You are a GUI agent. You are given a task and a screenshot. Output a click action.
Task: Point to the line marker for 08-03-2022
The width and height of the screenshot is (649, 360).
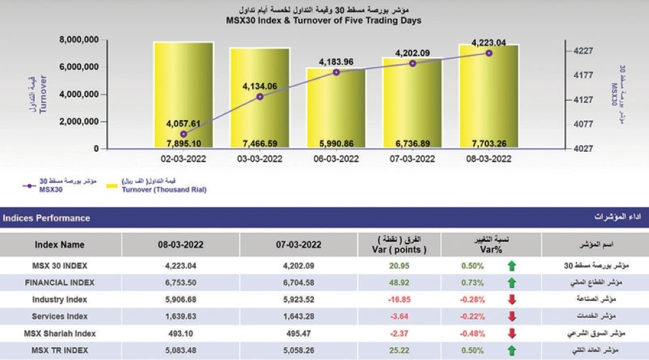pyautogui.click(x=489, y=53)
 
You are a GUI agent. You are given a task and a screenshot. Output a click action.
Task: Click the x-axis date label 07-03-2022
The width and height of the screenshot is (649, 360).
pyautogui.click(x=412, y=159)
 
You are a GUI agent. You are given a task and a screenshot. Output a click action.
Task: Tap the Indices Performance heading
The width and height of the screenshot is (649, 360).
pyautogui.click(x=47, y=219)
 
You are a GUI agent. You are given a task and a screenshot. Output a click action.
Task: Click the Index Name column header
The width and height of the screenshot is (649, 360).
pyautogui.click(x=60, y=245)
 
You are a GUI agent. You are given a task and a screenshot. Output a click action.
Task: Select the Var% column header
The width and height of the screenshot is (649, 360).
pyautogui.click(x=491, y=245)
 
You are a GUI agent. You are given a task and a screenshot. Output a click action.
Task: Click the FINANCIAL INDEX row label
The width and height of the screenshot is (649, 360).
pyautogui.click(x=60, y=283)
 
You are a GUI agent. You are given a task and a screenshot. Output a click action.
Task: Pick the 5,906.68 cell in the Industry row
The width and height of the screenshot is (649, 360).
pyautogui.click(x=181, y=300)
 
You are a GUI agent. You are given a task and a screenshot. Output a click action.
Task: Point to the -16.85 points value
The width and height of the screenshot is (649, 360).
pyautogui.click(x=397, y=300)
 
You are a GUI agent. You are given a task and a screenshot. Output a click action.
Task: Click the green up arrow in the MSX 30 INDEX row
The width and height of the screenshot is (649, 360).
pyautogui.click(x=512, y=265)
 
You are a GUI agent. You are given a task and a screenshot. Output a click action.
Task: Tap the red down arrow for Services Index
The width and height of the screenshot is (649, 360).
pyautogui.click(x=512, y=317)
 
